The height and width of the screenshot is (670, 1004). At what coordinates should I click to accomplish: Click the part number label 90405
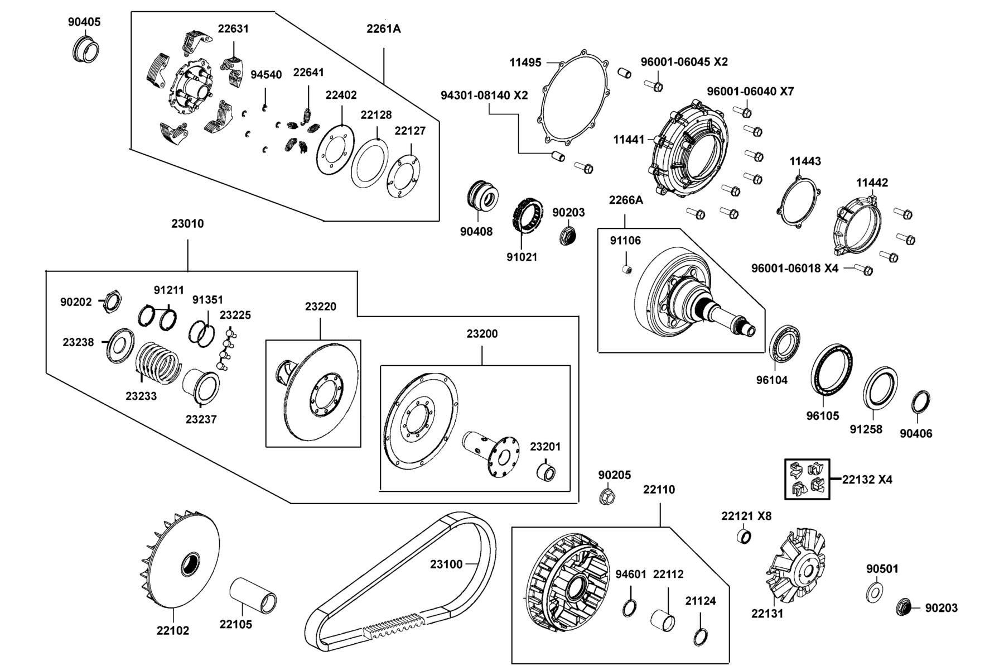84,22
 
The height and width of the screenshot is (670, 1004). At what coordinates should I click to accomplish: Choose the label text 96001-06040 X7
750,91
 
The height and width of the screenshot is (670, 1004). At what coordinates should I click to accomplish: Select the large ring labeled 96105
832,371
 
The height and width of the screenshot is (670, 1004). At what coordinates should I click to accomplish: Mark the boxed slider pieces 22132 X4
807,479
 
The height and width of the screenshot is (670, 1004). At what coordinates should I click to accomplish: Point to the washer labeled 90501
875,592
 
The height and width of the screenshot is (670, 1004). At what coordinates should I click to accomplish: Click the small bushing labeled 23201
546,472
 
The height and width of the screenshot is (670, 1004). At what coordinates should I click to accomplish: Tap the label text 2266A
626,200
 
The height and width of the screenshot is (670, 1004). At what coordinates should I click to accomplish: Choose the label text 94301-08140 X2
484,95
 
